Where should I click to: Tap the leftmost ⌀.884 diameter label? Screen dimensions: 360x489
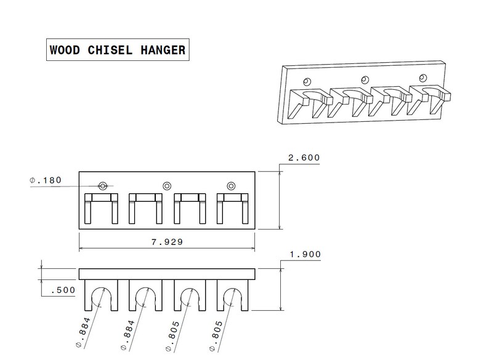(86, 332)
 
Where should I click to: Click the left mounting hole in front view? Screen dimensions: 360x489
(102, 185)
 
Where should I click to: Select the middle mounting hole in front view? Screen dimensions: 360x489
(166, 185)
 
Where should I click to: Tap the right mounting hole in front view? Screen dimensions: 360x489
(231, 185)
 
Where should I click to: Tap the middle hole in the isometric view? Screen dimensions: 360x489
(365, 79)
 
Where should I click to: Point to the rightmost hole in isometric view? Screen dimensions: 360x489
(422, 78)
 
